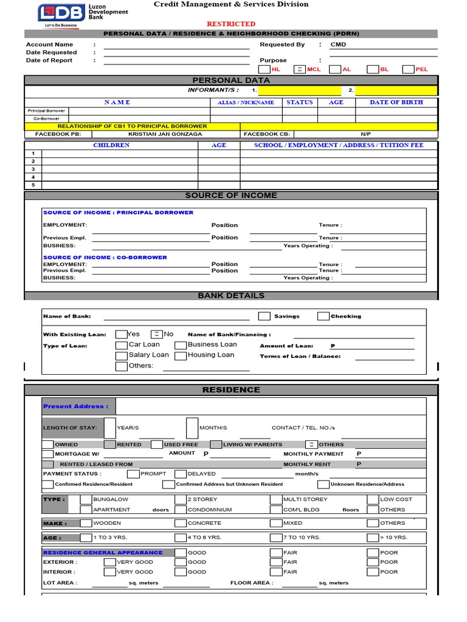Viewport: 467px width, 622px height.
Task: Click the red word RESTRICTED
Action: point(231,24)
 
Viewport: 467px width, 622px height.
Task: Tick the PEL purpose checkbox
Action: point(408,69)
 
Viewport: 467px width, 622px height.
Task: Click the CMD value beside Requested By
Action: point(338,44)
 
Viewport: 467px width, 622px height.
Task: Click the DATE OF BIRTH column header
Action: point(396,102)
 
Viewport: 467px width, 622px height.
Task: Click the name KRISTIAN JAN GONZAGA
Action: point(165,134)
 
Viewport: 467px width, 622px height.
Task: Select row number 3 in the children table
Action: point(33,169)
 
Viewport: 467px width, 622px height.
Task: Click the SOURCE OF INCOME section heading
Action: point(230,195)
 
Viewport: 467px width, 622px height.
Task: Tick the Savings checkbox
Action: point(264,316)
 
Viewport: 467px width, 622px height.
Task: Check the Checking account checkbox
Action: point(323,316)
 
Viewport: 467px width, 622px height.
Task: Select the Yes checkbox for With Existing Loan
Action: point(121,334)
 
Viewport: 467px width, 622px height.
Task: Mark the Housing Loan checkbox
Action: point(181,355)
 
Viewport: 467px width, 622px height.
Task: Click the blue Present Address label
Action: point(75,406)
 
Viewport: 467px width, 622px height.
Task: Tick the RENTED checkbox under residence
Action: point(109,444)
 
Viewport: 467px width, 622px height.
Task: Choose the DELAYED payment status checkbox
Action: point(181,474)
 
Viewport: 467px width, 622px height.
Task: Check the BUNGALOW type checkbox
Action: point(86,499)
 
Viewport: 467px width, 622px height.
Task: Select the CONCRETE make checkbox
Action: point(181,523)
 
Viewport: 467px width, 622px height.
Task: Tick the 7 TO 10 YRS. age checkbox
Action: point(277,538)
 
